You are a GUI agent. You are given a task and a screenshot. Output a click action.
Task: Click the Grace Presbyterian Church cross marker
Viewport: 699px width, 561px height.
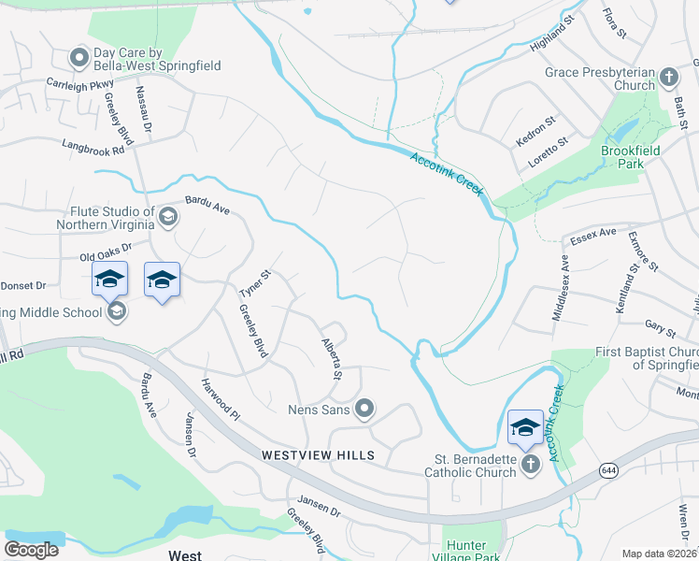click(x=668, y=76)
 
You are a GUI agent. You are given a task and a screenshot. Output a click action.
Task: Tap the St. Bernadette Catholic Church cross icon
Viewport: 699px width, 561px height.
click(x=531, y=465)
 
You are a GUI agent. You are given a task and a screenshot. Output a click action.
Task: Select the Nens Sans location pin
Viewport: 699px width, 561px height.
click(x=365, y=409)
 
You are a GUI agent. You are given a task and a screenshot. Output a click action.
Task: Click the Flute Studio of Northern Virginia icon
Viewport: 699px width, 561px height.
click(x=168, y=217)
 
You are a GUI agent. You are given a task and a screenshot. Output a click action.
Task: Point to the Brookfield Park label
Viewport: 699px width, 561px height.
click(x=632, y=155)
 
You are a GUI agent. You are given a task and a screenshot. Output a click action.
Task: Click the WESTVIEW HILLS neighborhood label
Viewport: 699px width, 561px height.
click(x=319, y=455)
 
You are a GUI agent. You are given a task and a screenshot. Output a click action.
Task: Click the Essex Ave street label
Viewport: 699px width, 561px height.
click(x=594, y=232)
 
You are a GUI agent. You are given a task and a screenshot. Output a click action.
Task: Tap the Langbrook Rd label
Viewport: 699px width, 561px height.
click(x=93, y=148)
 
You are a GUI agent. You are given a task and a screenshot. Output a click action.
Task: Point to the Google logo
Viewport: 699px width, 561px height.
click(x=32, y=551)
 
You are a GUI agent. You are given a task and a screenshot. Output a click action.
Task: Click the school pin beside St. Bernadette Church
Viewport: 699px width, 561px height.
click(x=525, y=427)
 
